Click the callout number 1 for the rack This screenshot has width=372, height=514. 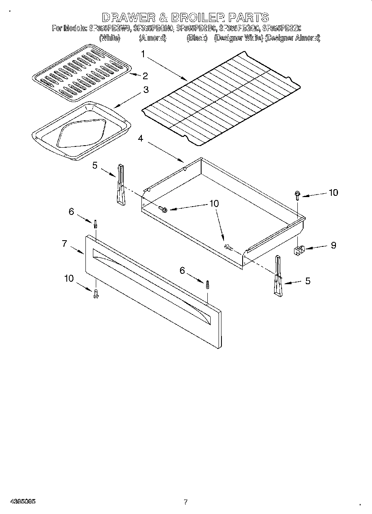(143, 54)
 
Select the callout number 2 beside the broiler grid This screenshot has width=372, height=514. (145, 76)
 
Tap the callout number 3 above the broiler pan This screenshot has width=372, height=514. (146, 90)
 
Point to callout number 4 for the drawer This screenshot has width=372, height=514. (141, 139)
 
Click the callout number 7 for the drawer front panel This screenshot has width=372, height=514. (64, 244)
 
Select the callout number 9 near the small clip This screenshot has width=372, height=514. (333, 245)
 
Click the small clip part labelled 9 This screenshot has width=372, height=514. (299, 250)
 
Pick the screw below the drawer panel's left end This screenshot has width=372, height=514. (96, 294)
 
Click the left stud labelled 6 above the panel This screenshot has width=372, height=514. (96, 224)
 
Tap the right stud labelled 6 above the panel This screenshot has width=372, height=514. (207, 285)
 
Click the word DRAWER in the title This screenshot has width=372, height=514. (127, 17)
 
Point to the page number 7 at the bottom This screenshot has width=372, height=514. (185, 502)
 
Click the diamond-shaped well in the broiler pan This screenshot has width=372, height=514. (83, 135)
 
